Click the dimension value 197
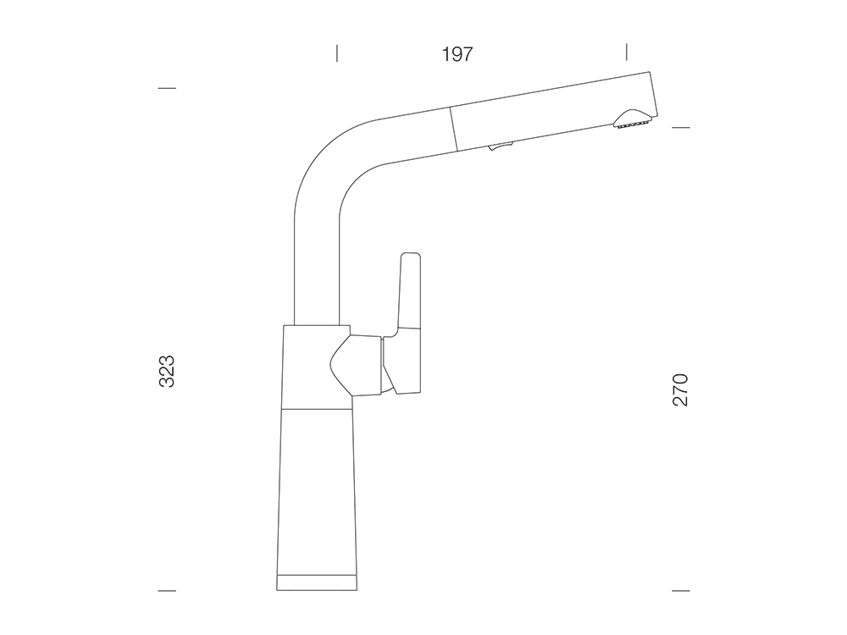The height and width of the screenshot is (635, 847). pyautogui.click(x=457, y=54)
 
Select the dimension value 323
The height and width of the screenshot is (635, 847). pyautogui.click(x=167, y=371)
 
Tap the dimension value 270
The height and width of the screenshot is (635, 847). pyautogui.click(x=680, y=389)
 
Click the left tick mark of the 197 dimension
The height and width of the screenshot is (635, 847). pyautogui.click(x=337, y=52)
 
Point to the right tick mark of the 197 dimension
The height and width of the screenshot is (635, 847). pyautogui.click(x=627, y=52)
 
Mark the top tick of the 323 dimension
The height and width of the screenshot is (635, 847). pyautogui.click(x=167, y=88)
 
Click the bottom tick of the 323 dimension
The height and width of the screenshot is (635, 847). pyautogui.click(x=167, y=591)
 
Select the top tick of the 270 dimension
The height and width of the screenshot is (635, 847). pyautogui.click(x=681, y=128)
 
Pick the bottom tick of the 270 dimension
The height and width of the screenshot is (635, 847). pyautogui.click(x=681, y=591)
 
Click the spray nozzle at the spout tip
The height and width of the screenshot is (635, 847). pyautogui.click(x=632, y=120)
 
